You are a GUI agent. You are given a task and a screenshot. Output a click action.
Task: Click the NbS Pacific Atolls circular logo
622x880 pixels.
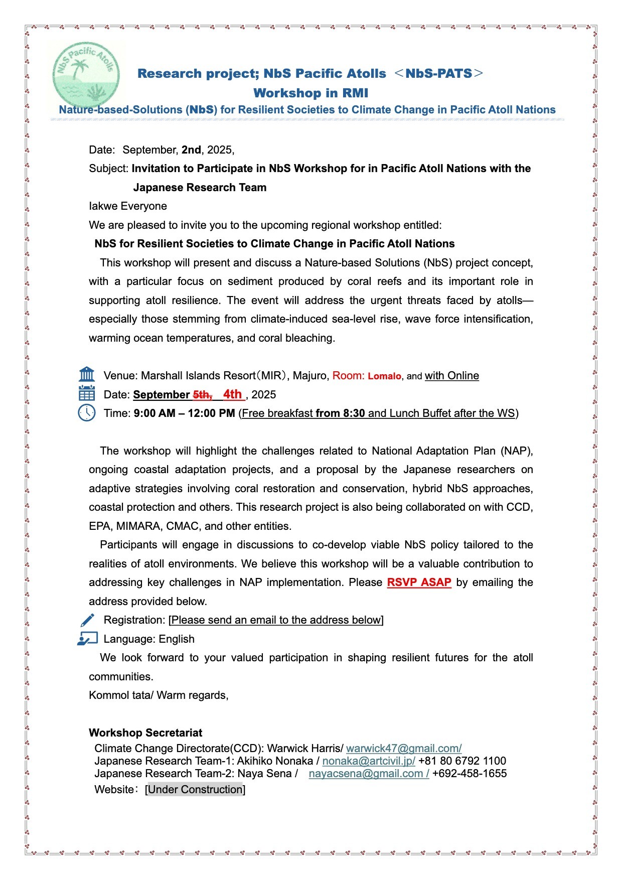tap(86, 74)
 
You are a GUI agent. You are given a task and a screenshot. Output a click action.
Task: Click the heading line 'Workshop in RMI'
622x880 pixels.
tap(310, 93)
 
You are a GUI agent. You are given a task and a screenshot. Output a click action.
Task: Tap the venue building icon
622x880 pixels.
tap(87, 375)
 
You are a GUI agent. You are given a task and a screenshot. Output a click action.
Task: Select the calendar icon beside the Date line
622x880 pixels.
tap(87, 394)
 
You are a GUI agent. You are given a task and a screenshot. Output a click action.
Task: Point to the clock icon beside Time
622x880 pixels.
tap(87, 413)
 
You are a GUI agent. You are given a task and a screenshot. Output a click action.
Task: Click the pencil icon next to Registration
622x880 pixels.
tap(87, 620)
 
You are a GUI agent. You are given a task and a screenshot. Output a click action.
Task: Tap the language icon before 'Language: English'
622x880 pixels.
tap(87, 639)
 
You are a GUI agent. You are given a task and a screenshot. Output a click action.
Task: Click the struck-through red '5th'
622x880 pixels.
tap(202, 395)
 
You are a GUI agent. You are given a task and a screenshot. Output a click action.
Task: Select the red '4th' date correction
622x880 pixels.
tap(232, 394)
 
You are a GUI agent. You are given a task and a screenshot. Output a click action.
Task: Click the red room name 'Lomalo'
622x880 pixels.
tap(384, 376)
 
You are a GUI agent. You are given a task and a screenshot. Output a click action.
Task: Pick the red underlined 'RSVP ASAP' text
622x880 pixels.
tap(419, 582)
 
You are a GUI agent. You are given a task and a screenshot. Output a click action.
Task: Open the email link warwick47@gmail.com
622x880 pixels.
tap(403, 748)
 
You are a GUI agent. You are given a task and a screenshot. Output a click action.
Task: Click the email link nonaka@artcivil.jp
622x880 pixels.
tap(368, 761)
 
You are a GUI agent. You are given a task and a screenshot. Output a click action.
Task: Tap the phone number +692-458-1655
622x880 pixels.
tap(470, 773)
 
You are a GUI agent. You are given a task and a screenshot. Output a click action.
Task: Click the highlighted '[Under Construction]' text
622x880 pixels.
tap(195, 789)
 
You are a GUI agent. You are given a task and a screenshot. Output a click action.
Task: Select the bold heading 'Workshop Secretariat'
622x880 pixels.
tap(145, 732)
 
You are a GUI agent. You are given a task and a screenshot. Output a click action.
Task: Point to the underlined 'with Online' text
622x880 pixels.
tap(451, 376)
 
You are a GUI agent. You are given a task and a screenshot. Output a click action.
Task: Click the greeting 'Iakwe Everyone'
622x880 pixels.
tap(128, 206)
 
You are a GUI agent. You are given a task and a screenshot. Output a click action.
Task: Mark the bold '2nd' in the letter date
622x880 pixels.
tap(191, 150)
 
